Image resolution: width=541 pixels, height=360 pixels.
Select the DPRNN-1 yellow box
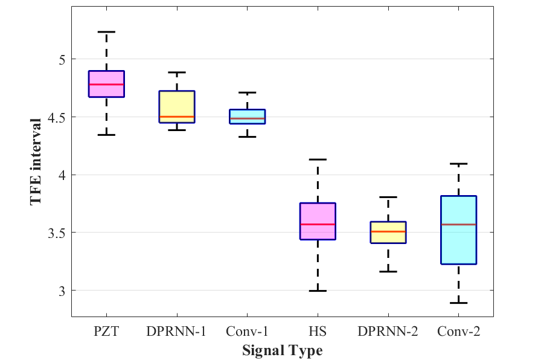(x=177, y=106)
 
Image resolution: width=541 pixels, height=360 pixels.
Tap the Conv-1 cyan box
(x=247, y=116)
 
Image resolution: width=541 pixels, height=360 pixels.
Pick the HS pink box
(x=318, y=221)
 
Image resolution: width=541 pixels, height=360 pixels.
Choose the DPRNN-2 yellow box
(x=388, y=232)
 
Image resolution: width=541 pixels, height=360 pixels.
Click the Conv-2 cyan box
(x=459, y=230)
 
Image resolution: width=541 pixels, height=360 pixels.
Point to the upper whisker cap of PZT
(x=106, y=31)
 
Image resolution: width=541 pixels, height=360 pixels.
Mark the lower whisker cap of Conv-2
(x=459, y=303)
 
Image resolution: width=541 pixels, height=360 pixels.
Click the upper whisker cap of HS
(x=318, y=159)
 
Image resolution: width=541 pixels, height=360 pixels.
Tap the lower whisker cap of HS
(x=318, y=291)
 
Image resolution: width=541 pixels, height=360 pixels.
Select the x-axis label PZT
(x=106, y=331)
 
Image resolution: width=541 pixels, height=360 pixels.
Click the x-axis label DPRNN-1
(x=177, y=331)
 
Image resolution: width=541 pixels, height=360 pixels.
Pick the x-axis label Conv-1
(x=247, y=331)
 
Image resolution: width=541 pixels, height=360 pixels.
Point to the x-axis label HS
(x=318, y=331)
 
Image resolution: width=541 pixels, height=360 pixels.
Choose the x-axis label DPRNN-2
(x=388, y=331)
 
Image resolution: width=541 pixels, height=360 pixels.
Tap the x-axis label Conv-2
(x=459, y=331)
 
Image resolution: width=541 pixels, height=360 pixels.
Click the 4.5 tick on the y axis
(x=55, y=117)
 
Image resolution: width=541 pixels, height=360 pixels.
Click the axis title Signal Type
(x=283, y=350)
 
